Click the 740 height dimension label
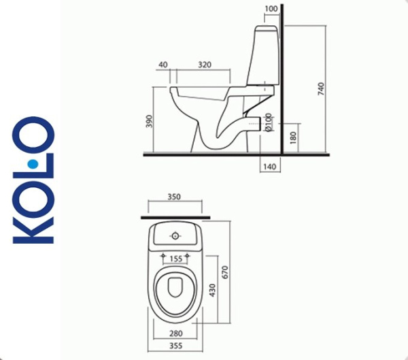[x=322, y=88]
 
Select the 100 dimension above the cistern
[x=271, y=9]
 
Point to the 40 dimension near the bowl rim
[x=163, y=64]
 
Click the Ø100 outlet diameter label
[x=269, y=122]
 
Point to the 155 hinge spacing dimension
[x=175, y=259]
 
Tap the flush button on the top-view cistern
[x=175, y=236]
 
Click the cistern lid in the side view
[x=265, y=30]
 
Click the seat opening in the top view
[x=175, y=293]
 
